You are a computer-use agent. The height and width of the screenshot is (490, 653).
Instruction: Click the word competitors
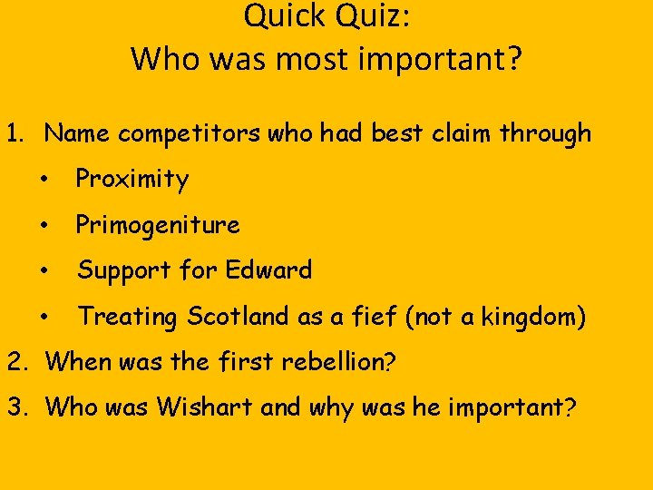click(x=180, y=134)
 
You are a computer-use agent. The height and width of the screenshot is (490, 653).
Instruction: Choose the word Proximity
click(x=132, y=180)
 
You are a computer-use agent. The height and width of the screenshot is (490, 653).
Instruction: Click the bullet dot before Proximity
click(x=45, y=180)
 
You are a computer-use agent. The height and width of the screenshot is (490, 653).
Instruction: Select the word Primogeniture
click(x=158, y=225)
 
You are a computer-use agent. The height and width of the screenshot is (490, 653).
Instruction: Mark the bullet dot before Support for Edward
click(x=45, y=270)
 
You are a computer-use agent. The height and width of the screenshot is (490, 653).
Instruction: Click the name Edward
click(x=268, y=270)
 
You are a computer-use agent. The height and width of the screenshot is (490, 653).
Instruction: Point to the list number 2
click(x=15, y=362)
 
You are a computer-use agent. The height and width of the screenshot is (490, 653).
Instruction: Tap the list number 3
click(x=15, y=407)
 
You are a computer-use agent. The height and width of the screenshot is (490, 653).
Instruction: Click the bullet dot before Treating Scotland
click(x=45, y=317)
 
